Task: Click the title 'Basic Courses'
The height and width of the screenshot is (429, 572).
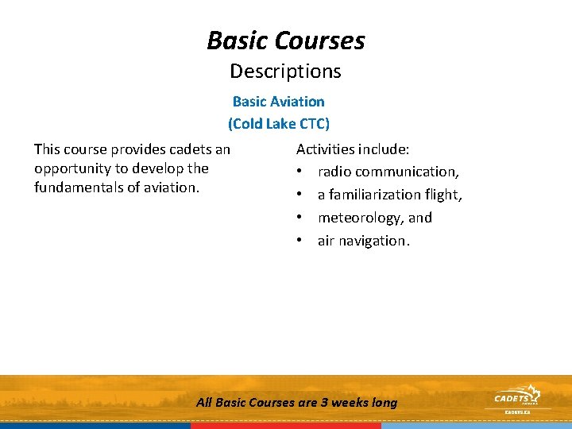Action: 286,40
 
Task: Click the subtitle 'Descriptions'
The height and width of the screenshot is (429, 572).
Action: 286,71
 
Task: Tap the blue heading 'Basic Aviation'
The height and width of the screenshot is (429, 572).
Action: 278,102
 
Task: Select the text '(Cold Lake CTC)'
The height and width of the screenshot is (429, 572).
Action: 278,124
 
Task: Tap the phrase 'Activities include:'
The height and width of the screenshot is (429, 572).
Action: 353,149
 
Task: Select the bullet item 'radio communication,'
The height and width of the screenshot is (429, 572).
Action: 388,172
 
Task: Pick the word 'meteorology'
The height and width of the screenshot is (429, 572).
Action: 361,218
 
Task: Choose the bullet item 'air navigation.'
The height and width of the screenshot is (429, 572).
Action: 364,241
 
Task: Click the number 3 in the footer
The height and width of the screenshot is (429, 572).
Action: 324,403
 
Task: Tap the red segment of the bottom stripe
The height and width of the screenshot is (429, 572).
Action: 286,426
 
